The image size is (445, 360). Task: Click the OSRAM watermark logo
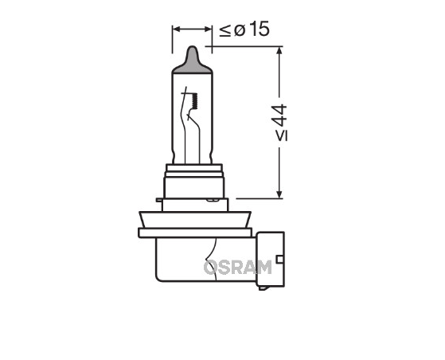coord(237,267)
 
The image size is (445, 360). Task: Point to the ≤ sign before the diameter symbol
coord(224,31)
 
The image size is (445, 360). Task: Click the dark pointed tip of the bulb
coord(192,61)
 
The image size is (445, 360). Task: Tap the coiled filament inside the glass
coord(190,101)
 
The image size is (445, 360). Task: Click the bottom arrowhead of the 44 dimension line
coord(279,193)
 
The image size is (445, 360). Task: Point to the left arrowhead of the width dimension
coord(177,30)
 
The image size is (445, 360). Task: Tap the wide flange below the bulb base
coord(196,232)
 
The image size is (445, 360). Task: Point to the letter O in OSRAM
coord(211,267)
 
